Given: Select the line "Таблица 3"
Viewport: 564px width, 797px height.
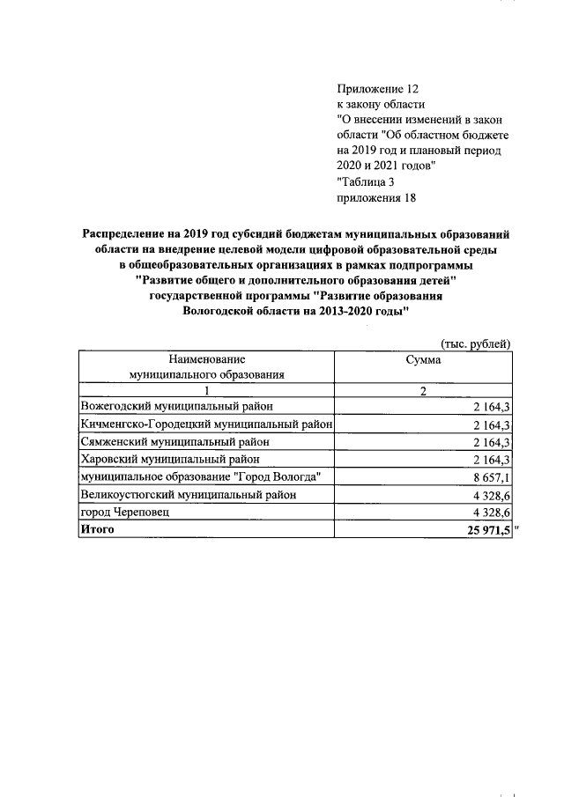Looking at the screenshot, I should (x=369, y=182).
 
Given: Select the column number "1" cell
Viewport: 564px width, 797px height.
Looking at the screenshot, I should (x=206, y=391).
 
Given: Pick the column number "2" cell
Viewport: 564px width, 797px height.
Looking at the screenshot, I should (x=423, y=391).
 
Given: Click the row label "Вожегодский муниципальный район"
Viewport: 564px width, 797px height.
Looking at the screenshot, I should (x=177, y=407).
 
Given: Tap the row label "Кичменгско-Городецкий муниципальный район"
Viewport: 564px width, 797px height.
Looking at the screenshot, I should (x=205, y=424).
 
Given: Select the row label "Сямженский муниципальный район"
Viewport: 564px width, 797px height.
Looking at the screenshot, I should (x=174, y=442).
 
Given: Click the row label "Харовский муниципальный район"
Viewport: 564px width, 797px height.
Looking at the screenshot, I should (x=169, y=460).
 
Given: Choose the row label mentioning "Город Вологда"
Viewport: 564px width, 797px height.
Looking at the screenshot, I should (x=200, y=476).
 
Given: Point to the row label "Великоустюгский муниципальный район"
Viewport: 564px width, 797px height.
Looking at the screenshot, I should (x=188, y=494).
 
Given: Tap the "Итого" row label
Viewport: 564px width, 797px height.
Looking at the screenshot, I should (x=98, y=529).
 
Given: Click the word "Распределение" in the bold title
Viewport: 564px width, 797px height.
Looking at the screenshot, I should (x=131, y=234).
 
